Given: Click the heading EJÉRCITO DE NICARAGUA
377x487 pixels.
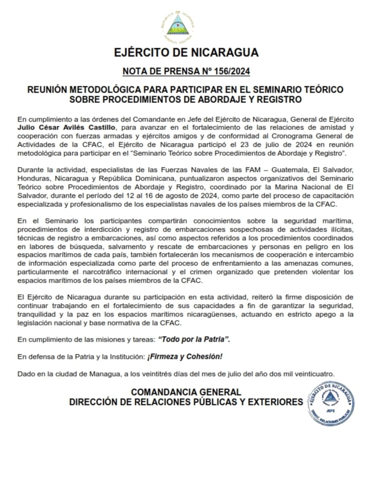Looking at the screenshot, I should coord(186,52).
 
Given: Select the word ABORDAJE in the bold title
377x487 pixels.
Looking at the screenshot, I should coord(247,99).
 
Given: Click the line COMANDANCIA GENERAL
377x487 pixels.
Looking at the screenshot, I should coord(186,392).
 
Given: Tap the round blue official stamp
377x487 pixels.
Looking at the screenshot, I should coord(330,404).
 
